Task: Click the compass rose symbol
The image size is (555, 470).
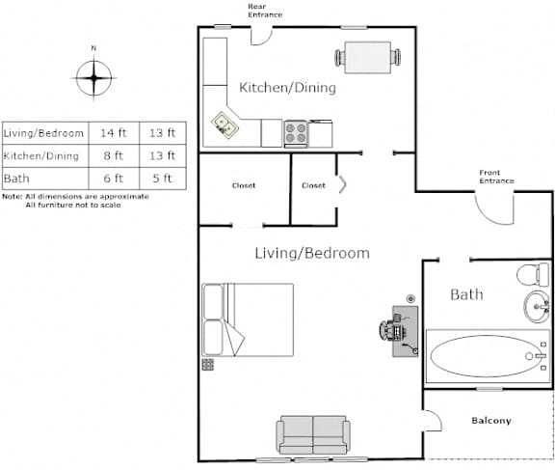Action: tap(93, 78)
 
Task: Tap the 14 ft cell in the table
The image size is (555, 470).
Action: tap(114, 133)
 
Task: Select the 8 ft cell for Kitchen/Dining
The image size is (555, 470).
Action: tap(114, 155)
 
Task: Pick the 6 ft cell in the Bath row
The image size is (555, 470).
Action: tap(114, 179)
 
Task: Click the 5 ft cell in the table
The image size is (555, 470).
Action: tap(162, 179)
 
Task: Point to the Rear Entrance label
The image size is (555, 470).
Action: tap(265, 11)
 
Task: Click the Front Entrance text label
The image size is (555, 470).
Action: tap(496, 177)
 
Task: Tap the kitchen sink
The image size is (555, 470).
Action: tap(225, 124)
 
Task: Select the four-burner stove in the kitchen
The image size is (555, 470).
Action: tap(296, 134)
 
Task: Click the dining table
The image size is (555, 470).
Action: tap(368, 57)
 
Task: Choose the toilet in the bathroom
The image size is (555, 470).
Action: tap(532, 274)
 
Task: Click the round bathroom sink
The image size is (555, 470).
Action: tap(537, 307)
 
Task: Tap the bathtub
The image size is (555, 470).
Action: tap(489, 356)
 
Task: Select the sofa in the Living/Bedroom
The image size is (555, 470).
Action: tap(313, 435)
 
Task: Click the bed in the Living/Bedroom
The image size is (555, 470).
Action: tap(248, 319)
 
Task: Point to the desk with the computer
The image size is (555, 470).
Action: tap(405, 331)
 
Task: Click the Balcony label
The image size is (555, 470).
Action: tap(491, 421)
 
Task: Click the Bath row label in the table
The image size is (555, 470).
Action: tap(16, 179)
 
